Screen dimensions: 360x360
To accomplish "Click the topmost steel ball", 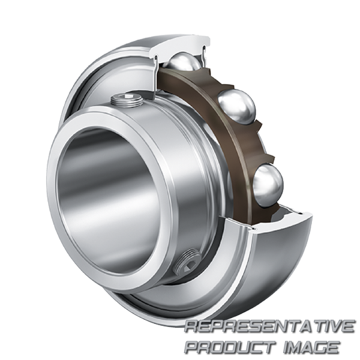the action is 184,62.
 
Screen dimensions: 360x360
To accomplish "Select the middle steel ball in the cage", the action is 236,107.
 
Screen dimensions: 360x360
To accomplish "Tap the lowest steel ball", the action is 268,185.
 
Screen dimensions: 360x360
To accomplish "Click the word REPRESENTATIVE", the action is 269,326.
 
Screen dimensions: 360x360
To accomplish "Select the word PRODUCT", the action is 230,347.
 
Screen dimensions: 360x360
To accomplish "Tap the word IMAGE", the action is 311,347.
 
